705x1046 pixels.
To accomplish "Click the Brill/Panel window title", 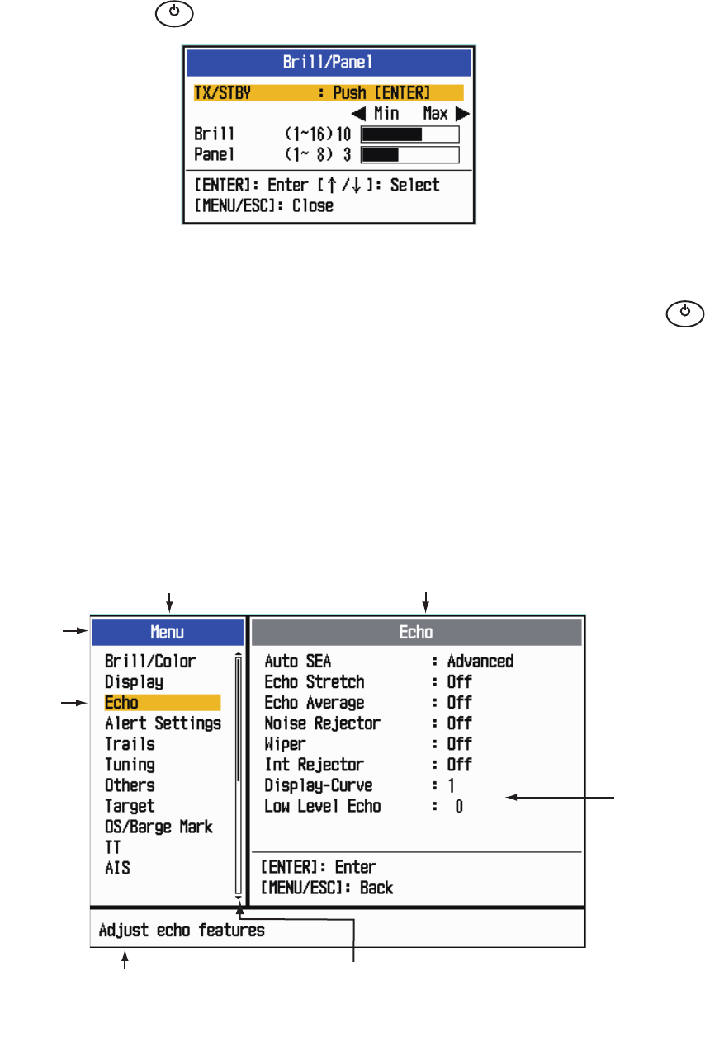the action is [329, 62].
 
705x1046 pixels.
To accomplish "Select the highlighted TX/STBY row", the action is [328, 92].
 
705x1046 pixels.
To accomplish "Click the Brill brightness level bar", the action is [410, 135].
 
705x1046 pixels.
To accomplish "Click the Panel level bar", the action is [410, 154].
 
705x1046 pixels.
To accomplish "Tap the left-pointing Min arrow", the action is [360, 114].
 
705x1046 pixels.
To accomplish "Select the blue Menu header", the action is [168, 633].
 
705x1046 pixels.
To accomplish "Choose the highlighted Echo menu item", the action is [162, 703].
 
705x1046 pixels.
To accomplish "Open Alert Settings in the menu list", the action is [163, 723].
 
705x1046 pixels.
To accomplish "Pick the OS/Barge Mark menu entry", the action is [159, 827].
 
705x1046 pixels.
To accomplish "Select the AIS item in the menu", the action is [117, 868].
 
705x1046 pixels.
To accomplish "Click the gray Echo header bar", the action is [417, 633].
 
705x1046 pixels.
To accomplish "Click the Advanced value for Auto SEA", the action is [480, 661].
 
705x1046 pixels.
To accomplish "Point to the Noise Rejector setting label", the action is [322, 723].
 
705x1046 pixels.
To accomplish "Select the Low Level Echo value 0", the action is [459, 806].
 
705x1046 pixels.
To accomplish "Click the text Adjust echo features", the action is [182, 931].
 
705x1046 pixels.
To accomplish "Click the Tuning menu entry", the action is [130, 765].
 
